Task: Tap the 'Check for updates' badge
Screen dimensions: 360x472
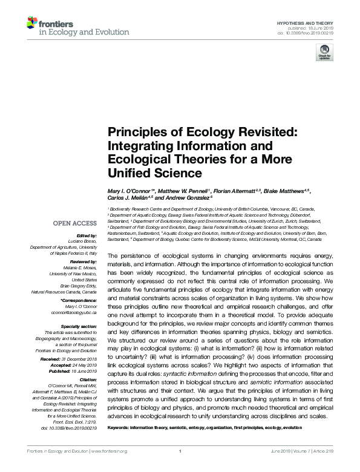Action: (x=323, y=53)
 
